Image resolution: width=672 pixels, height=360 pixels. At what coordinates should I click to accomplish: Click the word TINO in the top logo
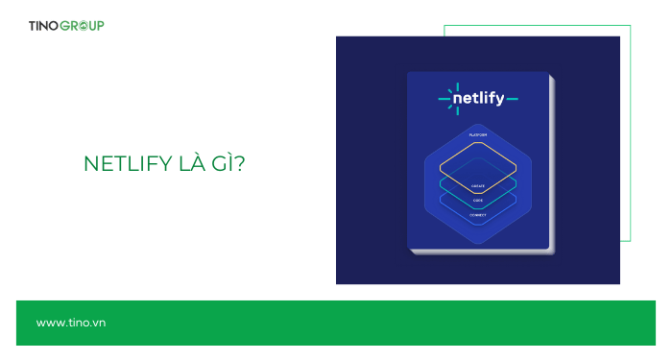[x=44, y=25]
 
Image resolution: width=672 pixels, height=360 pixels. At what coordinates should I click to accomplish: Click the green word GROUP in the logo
[x=83, y=25]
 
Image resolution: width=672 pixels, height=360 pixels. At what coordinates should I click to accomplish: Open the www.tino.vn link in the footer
[x=70, y=323]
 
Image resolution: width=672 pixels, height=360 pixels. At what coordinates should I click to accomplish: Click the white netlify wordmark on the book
[x=483, y=97]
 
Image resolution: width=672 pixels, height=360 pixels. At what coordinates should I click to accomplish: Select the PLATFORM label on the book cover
[x=478, y=135]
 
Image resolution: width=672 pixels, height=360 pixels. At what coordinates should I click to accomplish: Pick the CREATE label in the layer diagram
[x=478, y=185]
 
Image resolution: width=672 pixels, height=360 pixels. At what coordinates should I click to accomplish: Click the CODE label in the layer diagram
[x=478, y=200]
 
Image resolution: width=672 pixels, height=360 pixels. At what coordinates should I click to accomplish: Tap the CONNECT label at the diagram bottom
[x=478, y=215]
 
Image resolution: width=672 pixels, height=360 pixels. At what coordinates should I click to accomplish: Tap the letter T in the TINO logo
[x=33, y=25]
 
